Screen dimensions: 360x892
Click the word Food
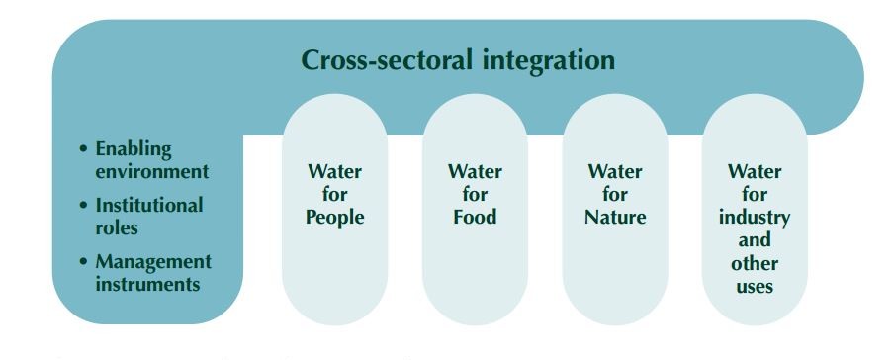pos(476,217)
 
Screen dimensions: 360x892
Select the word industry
pos(755,217)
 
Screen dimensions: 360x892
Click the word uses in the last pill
pos(755,287)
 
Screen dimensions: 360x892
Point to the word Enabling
pos(134,149)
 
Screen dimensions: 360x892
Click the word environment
pos(152,171)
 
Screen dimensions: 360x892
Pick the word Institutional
pos(149,206)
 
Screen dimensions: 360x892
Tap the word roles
pos(117,227)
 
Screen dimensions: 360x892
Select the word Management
pos(153,262)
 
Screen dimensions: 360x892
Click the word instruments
pos(148,284)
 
